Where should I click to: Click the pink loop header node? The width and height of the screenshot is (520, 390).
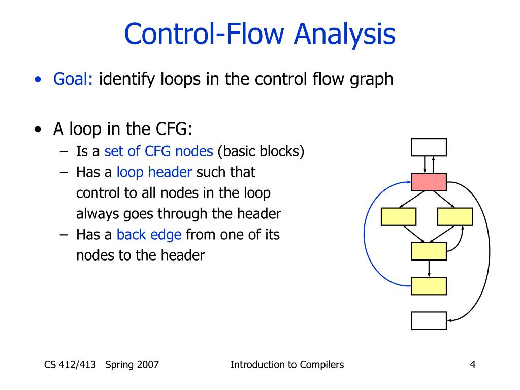(429, 182)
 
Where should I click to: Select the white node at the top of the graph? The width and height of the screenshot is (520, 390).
(429, 147)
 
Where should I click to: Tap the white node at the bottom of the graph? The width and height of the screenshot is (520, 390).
(429, 320)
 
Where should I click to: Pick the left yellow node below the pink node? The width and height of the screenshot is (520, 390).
(399, 216)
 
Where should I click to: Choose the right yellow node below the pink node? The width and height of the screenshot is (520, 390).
(454, 216)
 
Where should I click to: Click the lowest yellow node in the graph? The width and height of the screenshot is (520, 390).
(429, 286)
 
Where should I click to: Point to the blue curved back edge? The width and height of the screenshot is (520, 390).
(365, 234)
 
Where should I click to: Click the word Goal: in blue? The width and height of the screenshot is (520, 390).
(73, 79)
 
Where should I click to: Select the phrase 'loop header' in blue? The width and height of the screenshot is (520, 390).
(154, 172)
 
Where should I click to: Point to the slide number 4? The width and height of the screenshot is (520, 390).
(473, 364)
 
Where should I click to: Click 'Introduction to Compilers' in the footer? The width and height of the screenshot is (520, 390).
(287, 364)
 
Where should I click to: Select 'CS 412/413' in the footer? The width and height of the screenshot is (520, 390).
(70, 364)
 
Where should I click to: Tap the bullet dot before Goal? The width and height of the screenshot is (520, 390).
(38, 80)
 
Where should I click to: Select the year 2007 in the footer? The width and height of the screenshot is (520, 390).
(147, 364)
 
